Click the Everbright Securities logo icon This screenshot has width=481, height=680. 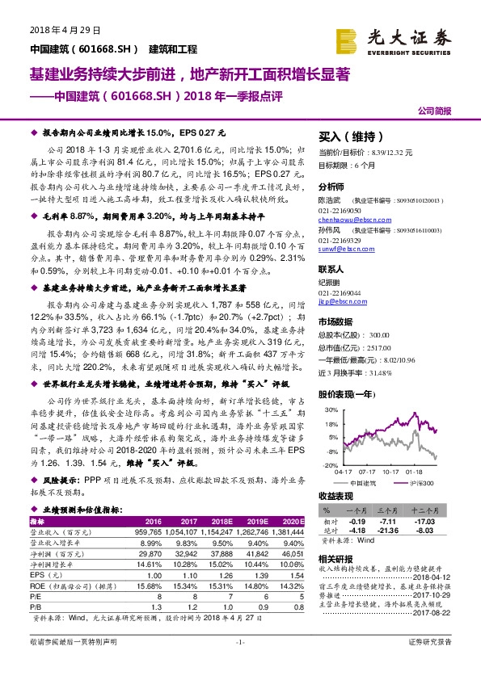click(x=348, y=39)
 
